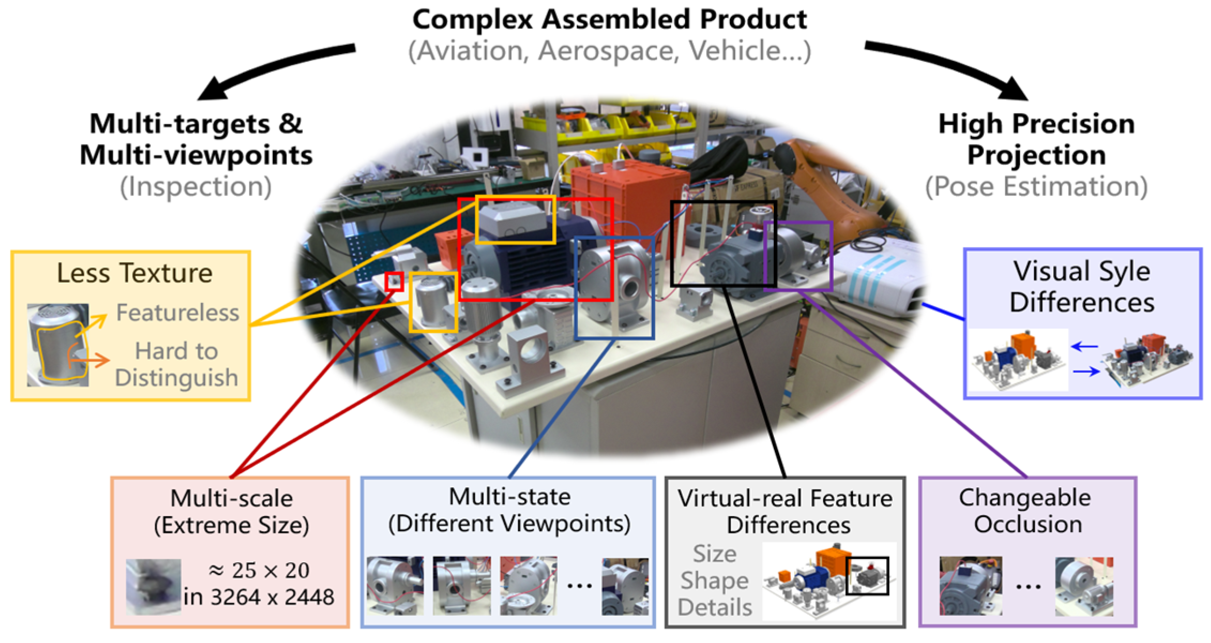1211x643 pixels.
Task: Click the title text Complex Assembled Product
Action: pyautogui.click(x=609, y=20)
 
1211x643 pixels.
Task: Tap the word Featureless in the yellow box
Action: pyautogui.click(x=178, y=313)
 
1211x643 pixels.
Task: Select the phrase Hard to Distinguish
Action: pyautogui.click(x=177, y=365)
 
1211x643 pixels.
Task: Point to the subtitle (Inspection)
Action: pyautogui.click(x=196, y=187)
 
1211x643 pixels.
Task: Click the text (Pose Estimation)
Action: pyautogui.click(x=1037, y=187)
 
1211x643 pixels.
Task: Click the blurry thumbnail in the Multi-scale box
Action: pyautogui.click(x=153, y=587)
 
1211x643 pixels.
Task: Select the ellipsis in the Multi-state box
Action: pyautogui.click(x=579, y=585)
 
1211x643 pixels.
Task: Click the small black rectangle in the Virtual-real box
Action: pyautogui.click(x=867, y=576)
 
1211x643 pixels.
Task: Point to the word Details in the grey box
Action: pyautogui.click(x=715, y=608)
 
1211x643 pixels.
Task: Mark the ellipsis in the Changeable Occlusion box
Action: pyautogui.click(x=1028, y=586)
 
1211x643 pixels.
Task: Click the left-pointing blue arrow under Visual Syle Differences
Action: pyautogui.click(x=1085, y=347)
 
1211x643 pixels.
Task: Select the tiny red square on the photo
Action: pyautogui.click(x=394, y=282)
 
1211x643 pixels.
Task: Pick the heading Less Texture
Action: pyautogui.click(x=134, y=273)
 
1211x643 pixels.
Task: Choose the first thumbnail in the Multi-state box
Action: pyautogui.click(x=395, y=586)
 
